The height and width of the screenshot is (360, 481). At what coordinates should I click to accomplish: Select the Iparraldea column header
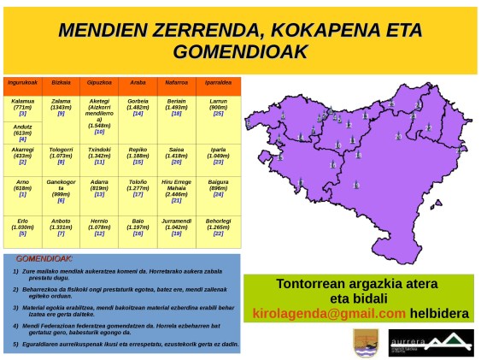tap(218, 83)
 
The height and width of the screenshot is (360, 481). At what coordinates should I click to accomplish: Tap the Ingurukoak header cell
tap(22, 83)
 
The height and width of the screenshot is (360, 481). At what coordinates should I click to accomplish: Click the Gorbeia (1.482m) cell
tap(138, 106)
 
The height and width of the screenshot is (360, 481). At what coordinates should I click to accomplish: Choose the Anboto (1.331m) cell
tap(61, 227)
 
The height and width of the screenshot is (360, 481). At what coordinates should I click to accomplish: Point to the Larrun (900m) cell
tap(218, 106)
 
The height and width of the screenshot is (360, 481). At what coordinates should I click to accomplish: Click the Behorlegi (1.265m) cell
tap(218, 227)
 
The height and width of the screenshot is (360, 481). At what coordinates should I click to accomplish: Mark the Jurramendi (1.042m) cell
tap(176, 227)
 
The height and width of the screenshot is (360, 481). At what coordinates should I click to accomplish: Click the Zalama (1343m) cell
tap(61, 106)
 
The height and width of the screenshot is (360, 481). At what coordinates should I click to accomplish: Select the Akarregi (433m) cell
tap(22, 156)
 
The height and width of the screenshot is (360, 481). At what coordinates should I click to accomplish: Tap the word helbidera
tap(440, 313)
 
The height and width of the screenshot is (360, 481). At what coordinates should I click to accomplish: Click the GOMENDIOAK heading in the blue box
tap(44, 258)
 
